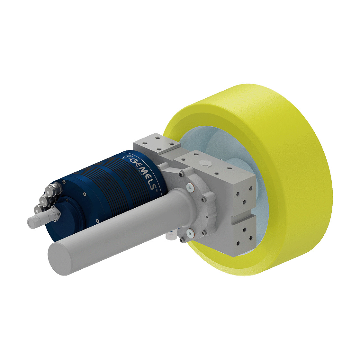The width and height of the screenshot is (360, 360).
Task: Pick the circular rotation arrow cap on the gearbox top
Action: click(203, 163)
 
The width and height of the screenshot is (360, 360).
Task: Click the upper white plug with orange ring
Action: click(191, 188)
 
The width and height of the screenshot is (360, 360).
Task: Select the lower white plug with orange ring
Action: click(191, 233)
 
